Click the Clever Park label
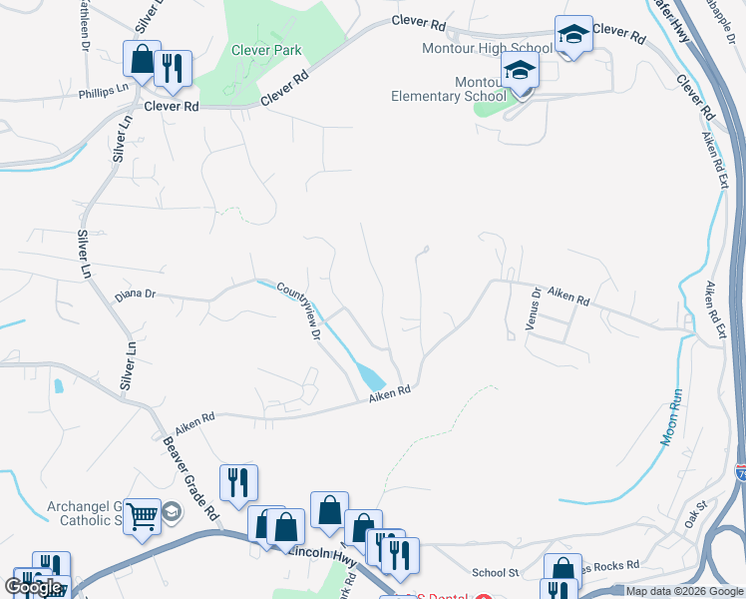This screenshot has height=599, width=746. pyautogui.click(x=266, y=49)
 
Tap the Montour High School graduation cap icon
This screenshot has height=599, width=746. pyautogui.click(x=573, y=36)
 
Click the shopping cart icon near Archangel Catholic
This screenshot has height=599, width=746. pyautogui.click(x=144, y=516)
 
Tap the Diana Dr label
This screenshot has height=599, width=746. pyautogui.click(x=136, y=295)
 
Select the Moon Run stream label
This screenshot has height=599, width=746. pyautogui.click(x=671, y=416)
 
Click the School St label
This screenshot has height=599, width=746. pyautogui.click(x=496, y=573)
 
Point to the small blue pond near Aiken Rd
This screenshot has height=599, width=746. pyautogui.click(x=371, y=376)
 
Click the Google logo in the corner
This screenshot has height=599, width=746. pyautogui.click(x=33, y=587)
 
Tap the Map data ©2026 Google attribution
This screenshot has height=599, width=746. pyautogui.click(x=685, y=591)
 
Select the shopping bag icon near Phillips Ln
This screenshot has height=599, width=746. pyautogui.click(x=142, y=60)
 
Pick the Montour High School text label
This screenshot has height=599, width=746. pyautogui.click(x=502, y=48)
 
